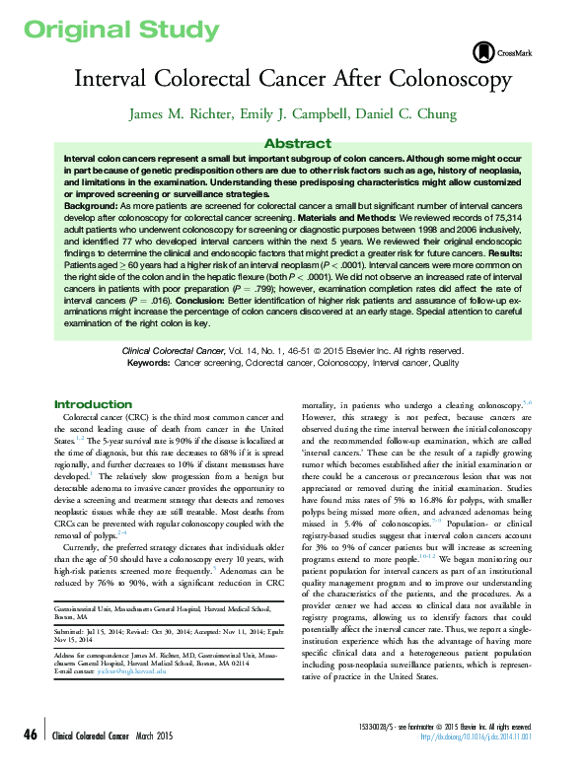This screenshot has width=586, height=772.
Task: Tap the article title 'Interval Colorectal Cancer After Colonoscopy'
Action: [x=292, y=78]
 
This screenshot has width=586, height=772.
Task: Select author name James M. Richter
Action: [x=174, y=114]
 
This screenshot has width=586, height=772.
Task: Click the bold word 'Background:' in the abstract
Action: [x=93, y=207]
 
